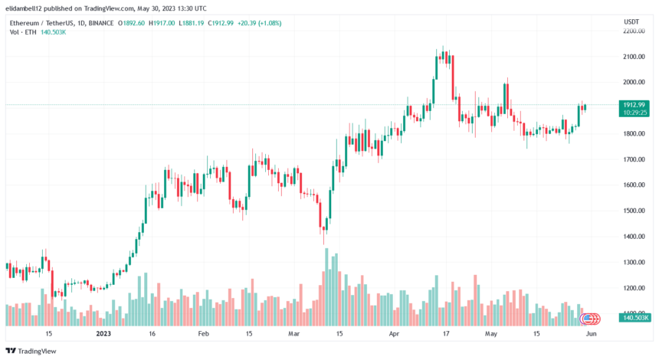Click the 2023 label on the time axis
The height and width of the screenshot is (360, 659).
[103, 334]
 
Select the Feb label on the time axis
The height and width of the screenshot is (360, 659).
[203, 334]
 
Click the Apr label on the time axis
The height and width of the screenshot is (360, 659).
[395, 334]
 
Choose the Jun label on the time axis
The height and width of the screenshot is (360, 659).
[591, 334]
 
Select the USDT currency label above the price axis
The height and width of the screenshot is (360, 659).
[632, 21]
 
